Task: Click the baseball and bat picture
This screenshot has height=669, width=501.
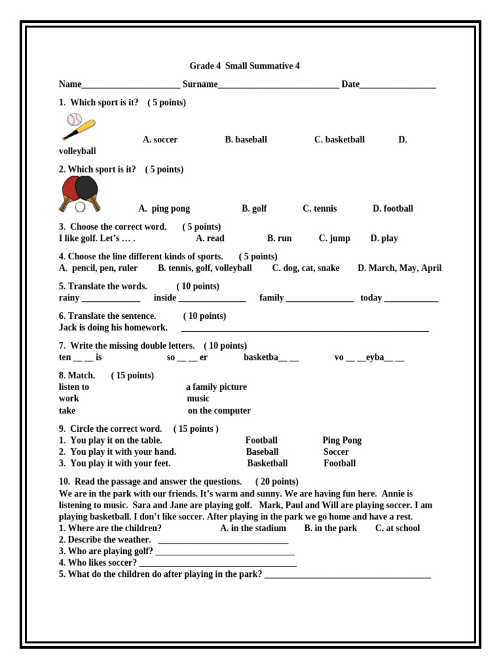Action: pyautogui.click(x=78, y=127)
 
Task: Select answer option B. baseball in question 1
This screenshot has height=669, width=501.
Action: pyautogui.click(x=246, y=140)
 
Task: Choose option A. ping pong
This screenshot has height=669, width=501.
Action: pyautogui.click(x=164, y=209)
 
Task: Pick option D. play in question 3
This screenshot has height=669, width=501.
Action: pyautogui.click(x=384, y=238)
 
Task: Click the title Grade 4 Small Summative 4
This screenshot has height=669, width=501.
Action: pyautogui.click(x=245, y=66)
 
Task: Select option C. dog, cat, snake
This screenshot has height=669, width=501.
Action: pyautogui.click(x=306, y=269)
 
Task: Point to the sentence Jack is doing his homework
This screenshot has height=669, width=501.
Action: pyautogui.click(x=113, y=328)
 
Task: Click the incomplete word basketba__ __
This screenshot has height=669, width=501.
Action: pyautogui.click(x=271, y=358)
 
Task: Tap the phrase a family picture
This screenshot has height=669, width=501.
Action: pyautogui.click(x=217, y=387)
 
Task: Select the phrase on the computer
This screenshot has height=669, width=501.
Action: pyautogui.click(x=219, y=411)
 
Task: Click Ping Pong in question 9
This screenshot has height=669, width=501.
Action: pyautogui.click(x=342, y=440)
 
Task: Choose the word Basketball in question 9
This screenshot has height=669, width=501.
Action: pyautogui.click(x=267, y=464)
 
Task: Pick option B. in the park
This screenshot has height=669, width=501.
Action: pyautogui.click(x=331, y=529)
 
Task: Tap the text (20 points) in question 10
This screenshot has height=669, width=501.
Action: pyautogui.click(x=277, y=482)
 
